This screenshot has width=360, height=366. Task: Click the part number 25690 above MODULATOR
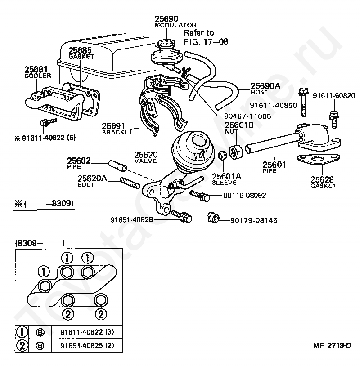pyautogui.click(x=166, y=19)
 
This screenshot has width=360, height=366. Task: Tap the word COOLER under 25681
pyautogui.click(x=38, y=76)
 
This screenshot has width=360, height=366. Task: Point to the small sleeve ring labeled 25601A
pyautogui.click(x=222, y=156)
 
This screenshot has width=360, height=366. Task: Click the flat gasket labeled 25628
pyautogui.click(x=319, y=159)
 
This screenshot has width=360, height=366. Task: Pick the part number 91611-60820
pyautogui.click(x=334, y=95)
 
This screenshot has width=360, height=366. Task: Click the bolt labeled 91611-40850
pyautogui.click(x=303, y=102)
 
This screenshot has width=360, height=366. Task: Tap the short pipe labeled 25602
pyautogui.click(x=117, y=165)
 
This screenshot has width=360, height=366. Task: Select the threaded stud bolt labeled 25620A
pyautogui.click(x=130, y=183)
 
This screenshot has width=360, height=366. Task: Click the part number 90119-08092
pyautogui.click(x=245, y=196)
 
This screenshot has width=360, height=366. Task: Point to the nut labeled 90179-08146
pyautogui.click(x=213, y=217)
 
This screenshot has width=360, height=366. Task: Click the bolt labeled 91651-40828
pyautogui.click(x=181, y=216)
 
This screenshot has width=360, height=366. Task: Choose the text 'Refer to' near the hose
pyautogui.click(x=198, y=33)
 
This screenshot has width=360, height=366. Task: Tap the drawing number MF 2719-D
pyautogui.click(x=332, y=345)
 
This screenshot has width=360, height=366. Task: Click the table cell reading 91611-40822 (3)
pyautogui.click(x=87, y=332)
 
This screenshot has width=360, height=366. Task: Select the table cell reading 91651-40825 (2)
pyautogui.click(x=87, y=345)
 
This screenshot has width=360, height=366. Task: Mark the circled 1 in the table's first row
pyautogui.click(x=22, y=332)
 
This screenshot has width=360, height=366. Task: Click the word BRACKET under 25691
pyautogui.click(x=117, y=132)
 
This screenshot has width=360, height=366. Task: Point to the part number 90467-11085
pyautogui.click(x=247, y=116)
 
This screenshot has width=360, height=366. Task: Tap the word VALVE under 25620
pyautogui.click(x=145, y=161)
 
